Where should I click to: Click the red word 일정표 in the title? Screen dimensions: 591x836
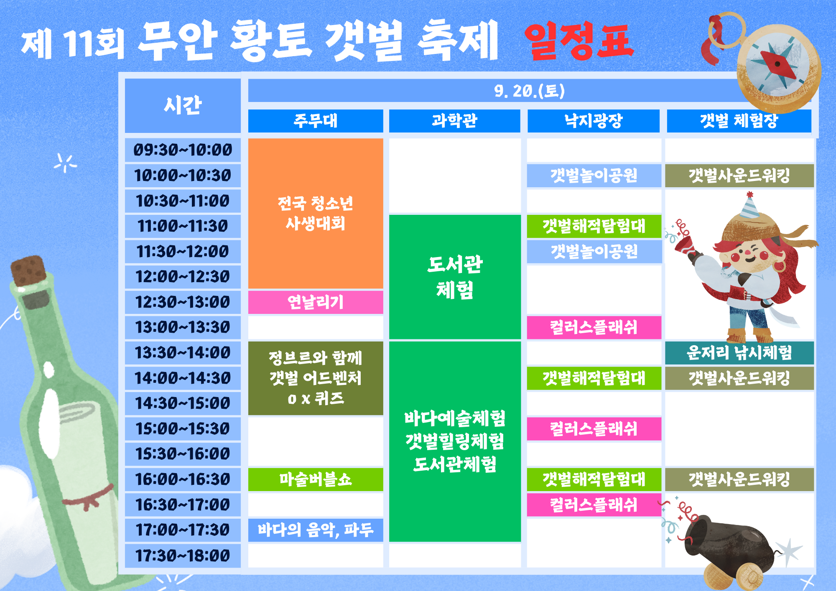[x=579, y=41]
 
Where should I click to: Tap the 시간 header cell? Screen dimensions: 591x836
[x=183, y=105]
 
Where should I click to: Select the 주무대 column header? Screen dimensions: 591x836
[x=316, y=121]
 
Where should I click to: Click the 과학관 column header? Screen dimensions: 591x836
[x=454, y=121]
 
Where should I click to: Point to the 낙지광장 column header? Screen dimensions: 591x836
[x=594, y=121]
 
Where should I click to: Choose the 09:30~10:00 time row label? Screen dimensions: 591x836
[x=183, y=150]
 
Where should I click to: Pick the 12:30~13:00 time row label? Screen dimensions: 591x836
[x=183, y=302]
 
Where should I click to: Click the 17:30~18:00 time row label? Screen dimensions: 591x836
[x=183, y=556]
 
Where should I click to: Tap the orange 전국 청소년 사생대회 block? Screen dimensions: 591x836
[x=316, y=213]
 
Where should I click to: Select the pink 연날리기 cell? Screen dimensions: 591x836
[x=316, y=302]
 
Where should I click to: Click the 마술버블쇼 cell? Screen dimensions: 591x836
[x=316, y=479]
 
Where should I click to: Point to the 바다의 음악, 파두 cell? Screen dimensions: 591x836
[x=316, y=530]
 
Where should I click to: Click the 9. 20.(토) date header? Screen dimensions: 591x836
[x=529, y=91]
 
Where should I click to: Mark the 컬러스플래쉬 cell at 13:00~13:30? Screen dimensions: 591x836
[x=594, y=327]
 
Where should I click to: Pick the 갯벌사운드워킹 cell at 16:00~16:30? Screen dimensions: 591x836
[x=739, y=479]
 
